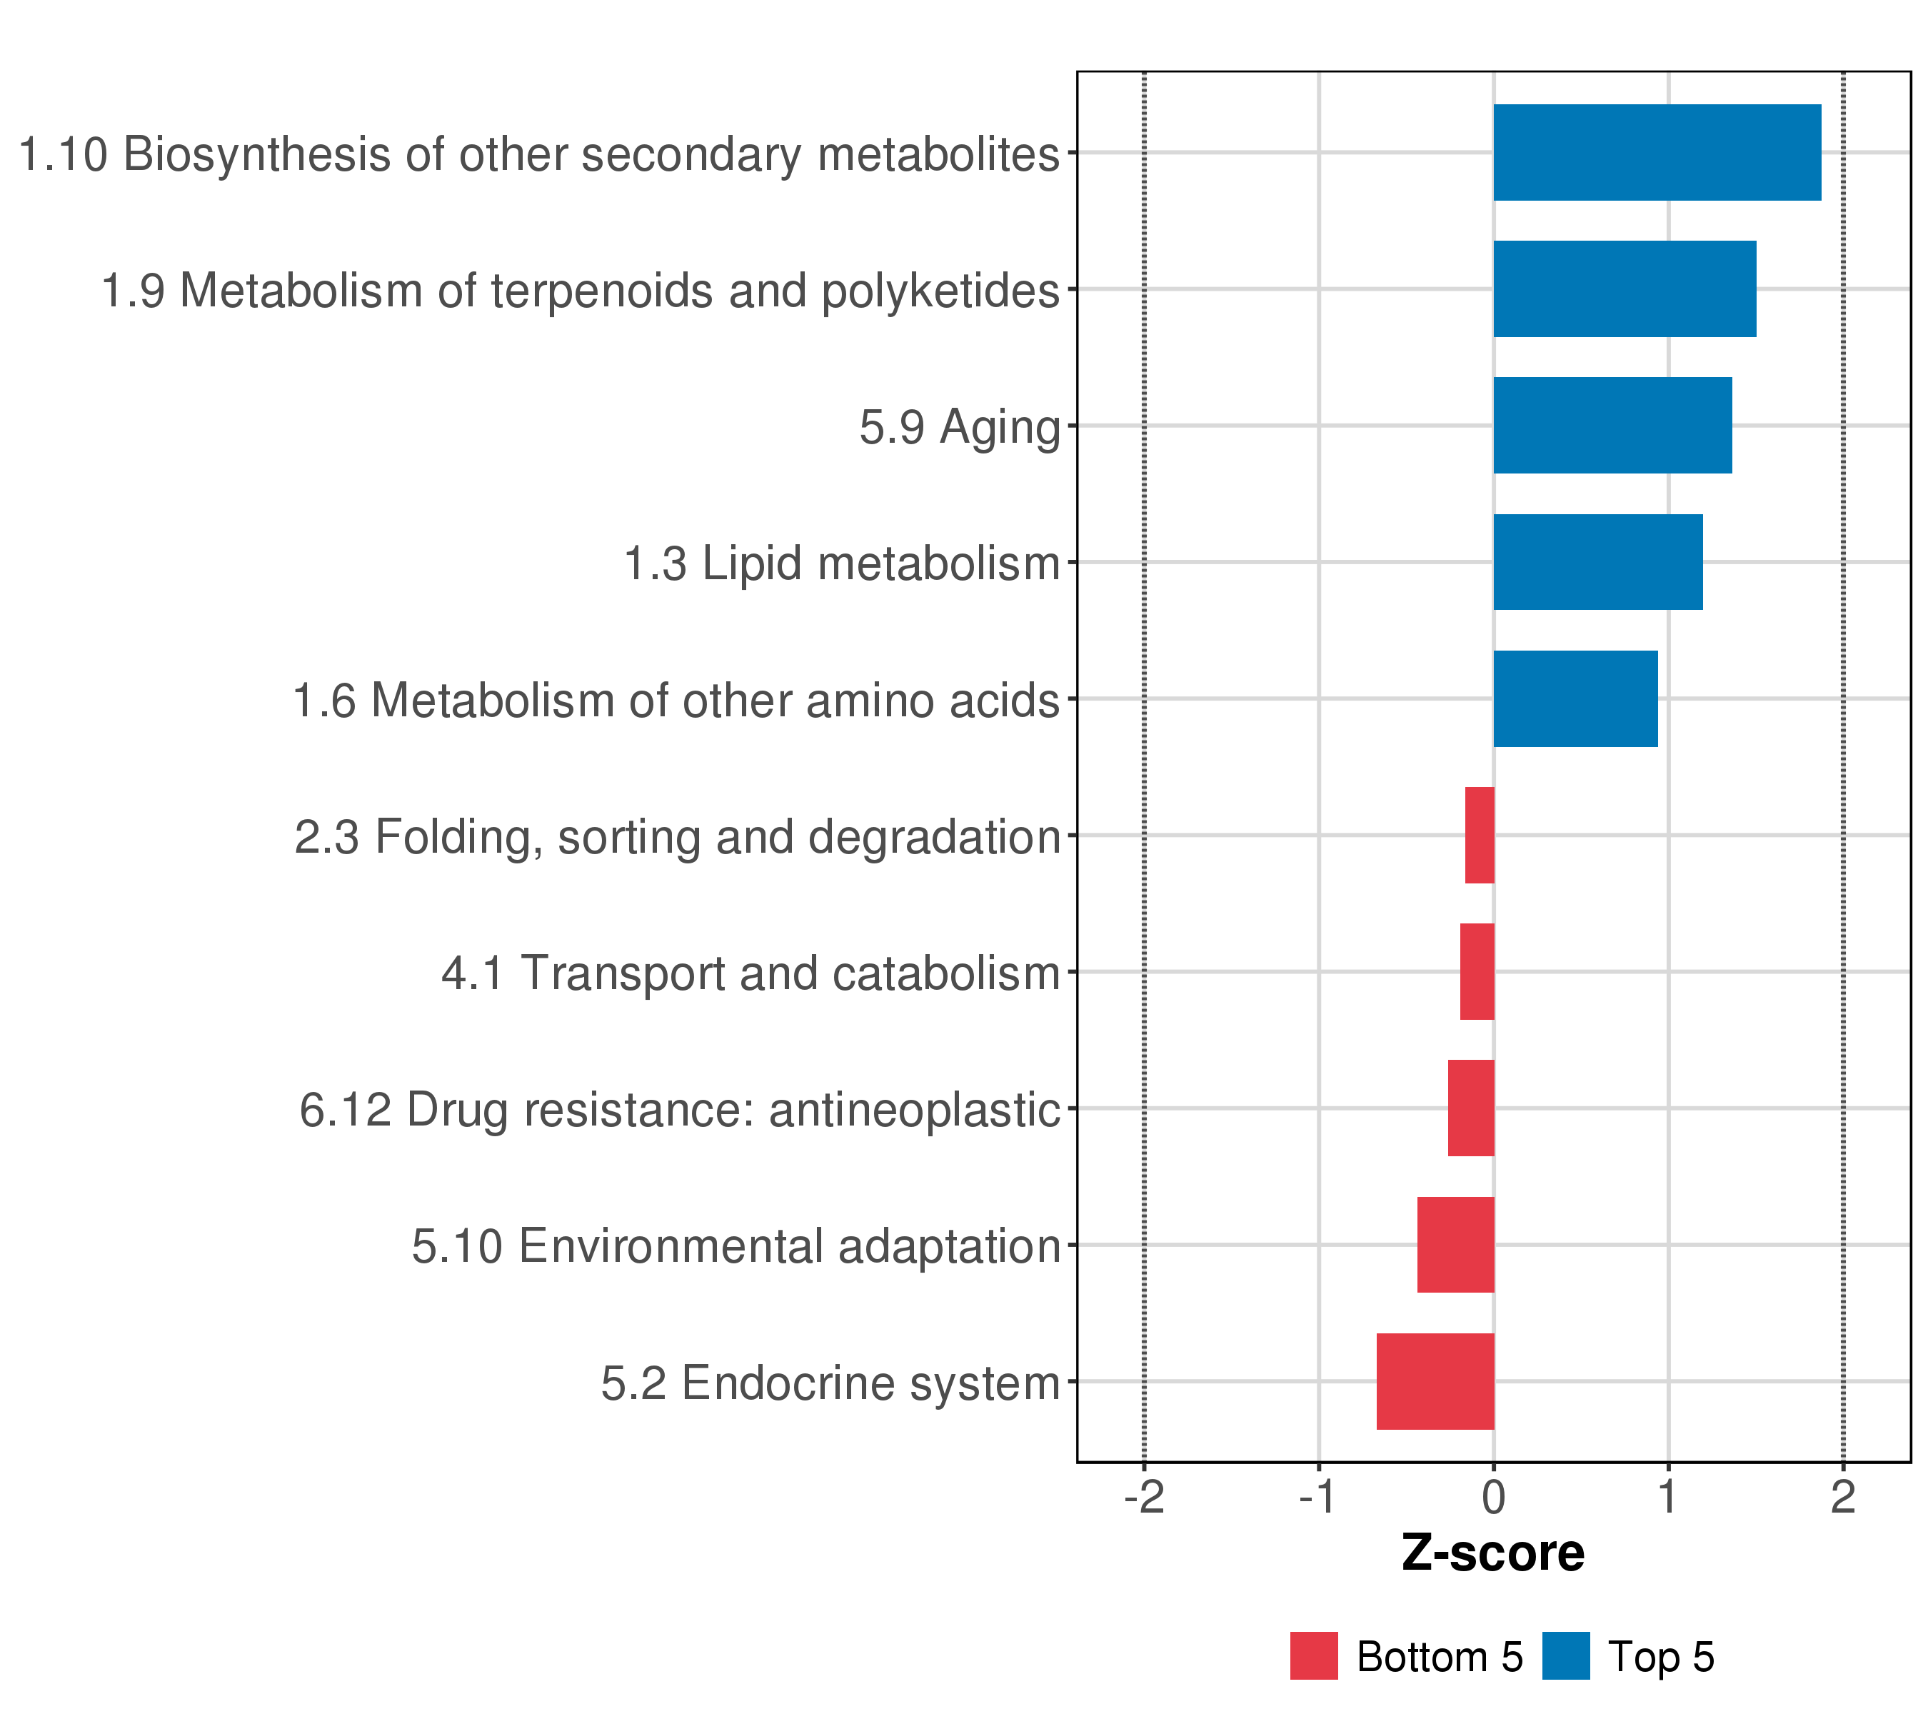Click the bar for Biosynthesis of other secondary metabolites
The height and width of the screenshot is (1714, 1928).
click(1657, 152)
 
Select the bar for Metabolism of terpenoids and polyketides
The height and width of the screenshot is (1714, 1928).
click(1625, 289)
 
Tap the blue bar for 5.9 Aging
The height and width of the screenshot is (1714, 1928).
click(1612, 426)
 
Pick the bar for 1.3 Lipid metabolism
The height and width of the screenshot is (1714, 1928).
click(1598, 562)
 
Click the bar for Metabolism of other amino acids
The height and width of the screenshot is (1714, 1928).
click(1575, 699)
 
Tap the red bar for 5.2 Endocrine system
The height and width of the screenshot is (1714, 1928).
click(1435, 1381)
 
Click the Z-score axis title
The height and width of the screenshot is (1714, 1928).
click(1493, 1553)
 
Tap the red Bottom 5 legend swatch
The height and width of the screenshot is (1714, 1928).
click(1314, 1656)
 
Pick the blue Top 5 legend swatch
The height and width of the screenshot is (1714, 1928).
click(1566, 1656)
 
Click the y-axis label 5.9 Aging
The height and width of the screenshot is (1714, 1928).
click(960, 427)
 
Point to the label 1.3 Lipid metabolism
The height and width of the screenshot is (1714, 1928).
click(843, 564)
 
